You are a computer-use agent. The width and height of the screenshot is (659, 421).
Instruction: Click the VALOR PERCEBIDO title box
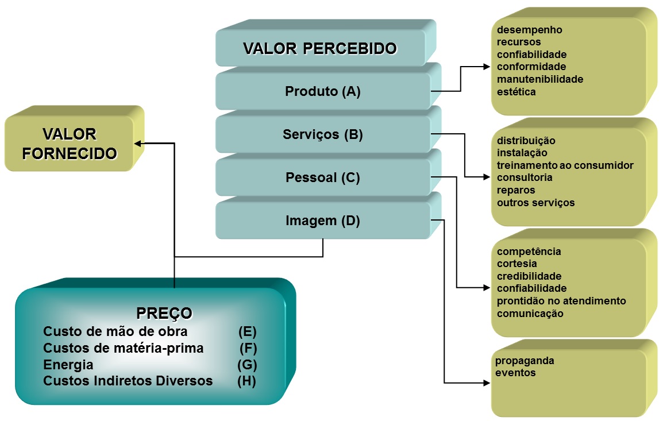click(320, 48)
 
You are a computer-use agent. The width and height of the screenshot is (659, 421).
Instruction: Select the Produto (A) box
click(323, 91)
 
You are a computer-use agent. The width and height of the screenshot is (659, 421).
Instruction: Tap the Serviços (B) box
click(323, 134)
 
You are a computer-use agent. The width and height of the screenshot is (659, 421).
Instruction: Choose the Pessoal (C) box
click(323, 177)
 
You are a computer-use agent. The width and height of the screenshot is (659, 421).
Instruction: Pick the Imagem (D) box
click(323, 221)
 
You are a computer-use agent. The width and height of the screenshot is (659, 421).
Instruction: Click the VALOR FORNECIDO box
click(70, 144)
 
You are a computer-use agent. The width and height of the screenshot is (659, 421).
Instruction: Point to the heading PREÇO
click(164, 313)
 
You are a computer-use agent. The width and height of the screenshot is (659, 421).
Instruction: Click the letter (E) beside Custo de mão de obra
click(247, 331)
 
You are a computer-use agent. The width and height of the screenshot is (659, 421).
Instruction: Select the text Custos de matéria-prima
click(123, 348)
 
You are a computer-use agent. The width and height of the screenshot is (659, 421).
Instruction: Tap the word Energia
click(68, 365)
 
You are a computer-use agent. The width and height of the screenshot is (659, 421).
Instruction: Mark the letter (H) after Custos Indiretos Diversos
click(247, 381)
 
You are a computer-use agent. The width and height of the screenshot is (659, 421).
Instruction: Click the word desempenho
click(529, 30)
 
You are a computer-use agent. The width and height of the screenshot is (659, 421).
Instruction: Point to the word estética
click(517, 92)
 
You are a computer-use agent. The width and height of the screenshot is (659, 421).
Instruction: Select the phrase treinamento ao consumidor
click(565, 165)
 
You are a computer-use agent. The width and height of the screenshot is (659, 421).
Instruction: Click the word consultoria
click(525, 177)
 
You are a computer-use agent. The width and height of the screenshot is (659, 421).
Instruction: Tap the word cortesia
click(517, 264)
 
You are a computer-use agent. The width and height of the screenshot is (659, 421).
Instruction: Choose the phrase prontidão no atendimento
click(561, 301)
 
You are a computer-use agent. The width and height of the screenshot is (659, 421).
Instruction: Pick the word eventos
click(515, 373)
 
